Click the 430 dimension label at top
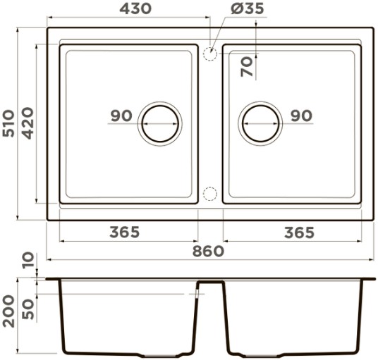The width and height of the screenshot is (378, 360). (x=135, y=9)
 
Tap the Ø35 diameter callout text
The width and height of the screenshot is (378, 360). (x=248, y=9)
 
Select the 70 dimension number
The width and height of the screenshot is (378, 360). (x=247, y=67)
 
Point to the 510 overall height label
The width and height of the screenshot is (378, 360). (x=8, y=123)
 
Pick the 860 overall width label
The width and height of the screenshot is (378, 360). (x=208, y=252)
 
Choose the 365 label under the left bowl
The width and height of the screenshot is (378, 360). (x=125, y=232)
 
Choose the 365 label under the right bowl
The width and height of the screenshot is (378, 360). (x=300, y=232)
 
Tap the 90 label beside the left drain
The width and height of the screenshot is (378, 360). (x=121, y=116)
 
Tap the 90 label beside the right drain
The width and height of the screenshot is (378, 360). (x=302, y=116)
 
